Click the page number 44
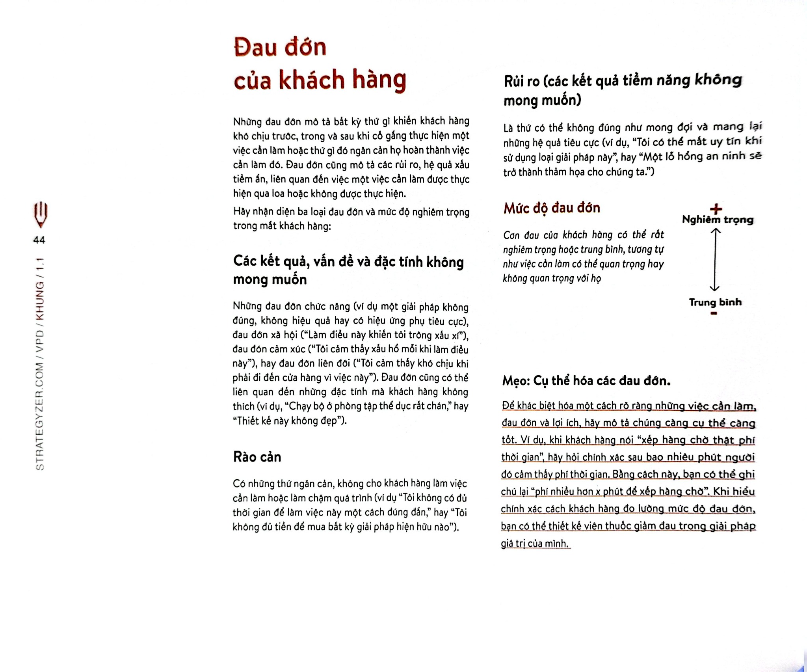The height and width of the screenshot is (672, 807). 39,240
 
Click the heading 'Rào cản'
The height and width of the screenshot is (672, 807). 257,457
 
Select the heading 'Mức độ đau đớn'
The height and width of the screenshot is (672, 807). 552,208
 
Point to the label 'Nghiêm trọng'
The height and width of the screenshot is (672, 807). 718,220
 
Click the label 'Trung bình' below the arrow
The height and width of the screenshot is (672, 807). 715,302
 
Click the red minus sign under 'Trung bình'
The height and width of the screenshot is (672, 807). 714,313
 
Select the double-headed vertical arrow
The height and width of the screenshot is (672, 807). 715,260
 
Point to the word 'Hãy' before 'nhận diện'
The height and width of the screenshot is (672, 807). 242,212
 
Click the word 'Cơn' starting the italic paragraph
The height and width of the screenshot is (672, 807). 511,235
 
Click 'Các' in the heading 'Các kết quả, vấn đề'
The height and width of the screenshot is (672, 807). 245,261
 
